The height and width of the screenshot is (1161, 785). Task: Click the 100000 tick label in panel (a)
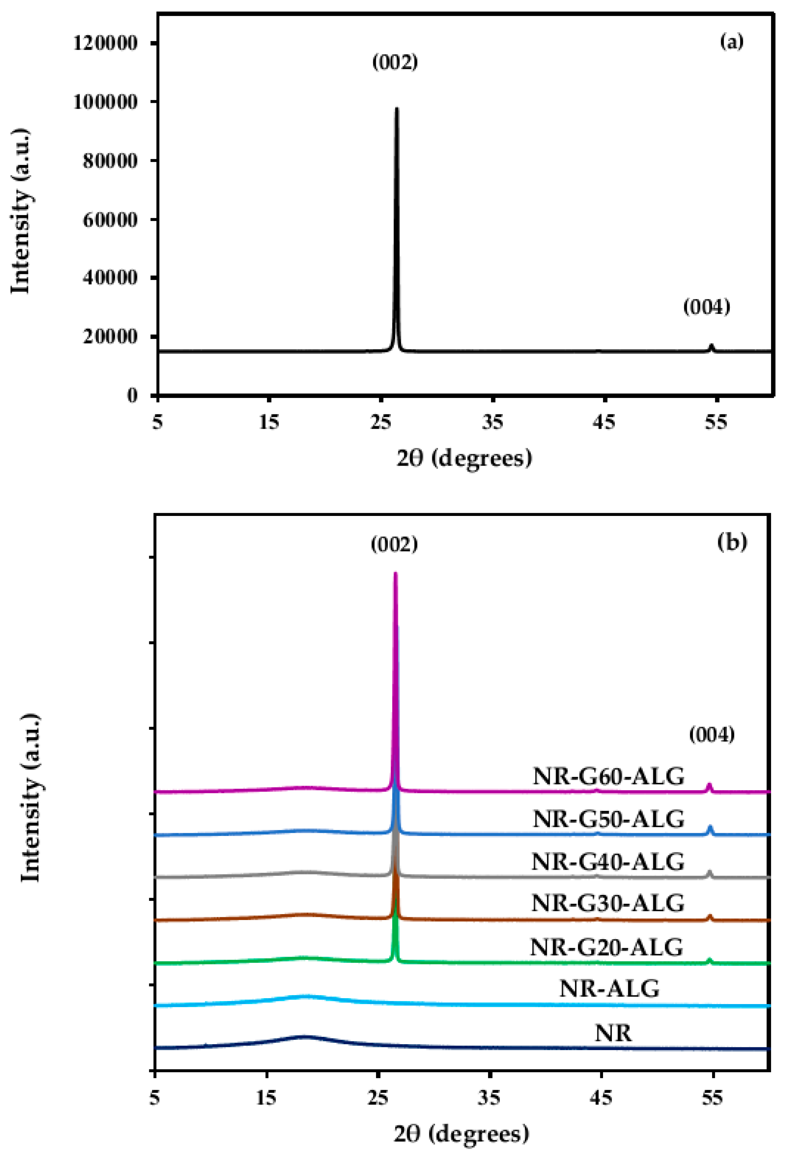105,102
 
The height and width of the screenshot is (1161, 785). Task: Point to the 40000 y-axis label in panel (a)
109,278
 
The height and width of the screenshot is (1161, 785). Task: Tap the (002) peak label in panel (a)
395,62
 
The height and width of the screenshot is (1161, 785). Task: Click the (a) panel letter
732,42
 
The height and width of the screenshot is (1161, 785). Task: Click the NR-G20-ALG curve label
606,947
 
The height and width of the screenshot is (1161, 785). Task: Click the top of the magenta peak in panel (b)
396,575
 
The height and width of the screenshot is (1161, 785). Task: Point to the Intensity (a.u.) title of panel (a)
21,211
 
